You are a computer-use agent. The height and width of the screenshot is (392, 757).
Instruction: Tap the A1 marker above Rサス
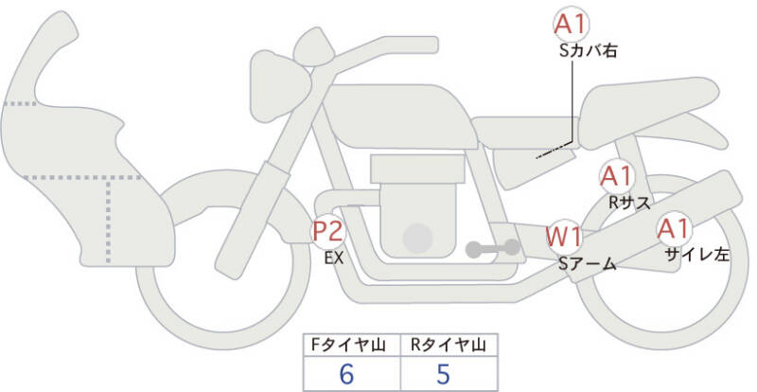(x=619, y=176)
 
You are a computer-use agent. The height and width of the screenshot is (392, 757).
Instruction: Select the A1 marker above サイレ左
(x=676, y=228)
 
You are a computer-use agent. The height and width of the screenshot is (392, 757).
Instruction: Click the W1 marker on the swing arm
(x=566, y=236)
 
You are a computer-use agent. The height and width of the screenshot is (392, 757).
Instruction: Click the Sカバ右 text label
(x=588, y=52)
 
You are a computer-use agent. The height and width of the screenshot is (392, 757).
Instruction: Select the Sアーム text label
(x=586, y=264)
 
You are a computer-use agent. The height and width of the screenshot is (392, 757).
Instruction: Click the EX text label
(x=334, y=257)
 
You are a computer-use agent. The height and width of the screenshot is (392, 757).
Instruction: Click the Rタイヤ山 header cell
(x=447, y=345)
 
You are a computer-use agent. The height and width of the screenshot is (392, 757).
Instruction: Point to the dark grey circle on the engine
(x=416, y=238)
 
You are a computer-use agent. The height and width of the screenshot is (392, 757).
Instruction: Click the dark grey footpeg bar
(x=492, y=249)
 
